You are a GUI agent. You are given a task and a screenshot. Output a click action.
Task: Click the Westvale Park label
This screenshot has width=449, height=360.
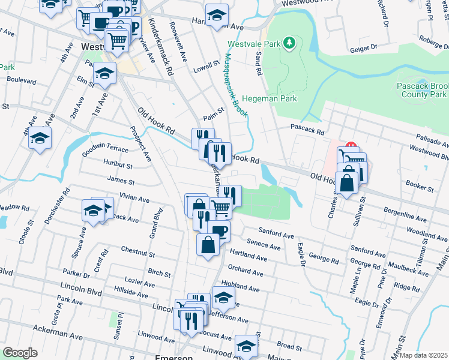(x=255, y=44)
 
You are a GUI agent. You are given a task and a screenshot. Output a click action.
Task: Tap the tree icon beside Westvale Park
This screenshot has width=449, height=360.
(x=289, y=43)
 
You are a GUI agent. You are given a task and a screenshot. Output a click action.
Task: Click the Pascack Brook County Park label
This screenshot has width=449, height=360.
(x=422, y=90)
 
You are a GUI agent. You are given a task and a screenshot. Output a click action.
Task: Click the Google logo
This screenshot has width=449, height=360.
(x=20, y=353)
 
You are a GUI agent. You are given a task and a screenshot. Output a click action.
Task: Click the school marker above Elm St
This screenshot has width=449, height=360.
(x=104, y=74)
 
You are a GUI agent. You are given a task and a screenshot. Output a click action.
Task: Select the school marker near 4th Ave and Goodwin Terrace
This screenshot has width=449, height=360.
(x=40, y=139)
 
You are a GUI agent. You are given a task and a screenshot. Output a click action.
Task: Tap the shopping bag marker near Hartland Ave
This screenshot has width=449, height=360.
(x=208, y=245)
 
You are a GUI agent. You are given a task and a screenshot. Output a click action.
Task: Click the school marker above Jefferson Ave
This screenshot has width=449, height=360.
(x=223, y=297)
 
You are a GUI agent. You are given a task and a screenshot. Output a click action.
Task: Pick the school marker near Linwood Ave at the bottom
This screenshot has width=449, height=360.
(x=246, y=347)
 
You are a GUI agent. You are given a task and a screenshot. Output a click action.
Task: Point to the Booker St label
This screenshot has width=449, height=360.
(x=420, y=188)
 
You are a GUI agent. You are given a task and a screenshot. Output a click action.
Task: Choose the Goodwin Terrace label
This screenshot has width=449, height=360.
(x=105, y=151)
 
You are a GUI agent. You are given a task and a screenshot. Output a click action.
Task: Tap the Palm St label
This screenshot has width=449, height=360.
(x=213, y=110)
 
